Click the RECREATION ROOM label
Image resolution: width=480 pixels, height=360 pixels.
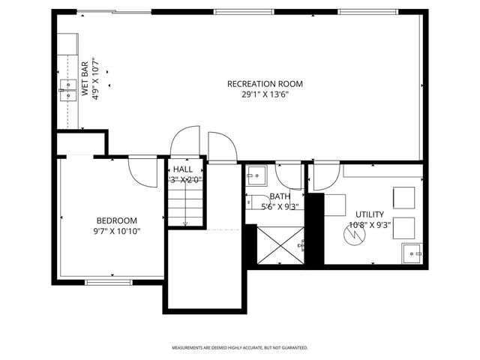click(265, 84)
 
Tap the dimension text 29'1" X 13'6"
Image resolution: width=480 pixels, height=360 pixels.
click(265, 95)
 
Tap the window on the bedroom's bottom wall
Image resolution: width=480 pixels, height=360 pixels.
click(108, 282)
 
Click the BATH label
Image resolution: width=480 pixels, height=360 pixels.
click(280, 196)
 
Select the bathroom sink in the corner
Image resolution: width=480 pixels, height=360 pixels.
click(256, 175)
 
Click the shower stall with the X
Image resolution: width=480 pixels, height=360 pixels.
click(279, 244)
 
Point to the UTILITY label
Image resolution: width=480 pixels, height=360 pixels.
click(370, 214)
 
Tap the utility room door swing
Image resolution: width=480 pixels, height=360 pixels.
click(323, 177)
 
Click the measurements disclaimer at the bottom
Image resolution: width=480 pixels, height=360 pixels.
click(240, 347)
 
